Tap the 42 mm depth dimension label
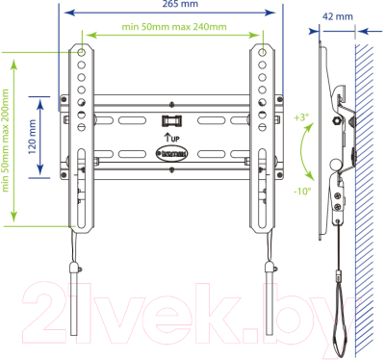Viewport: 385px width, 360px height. tap(337, 15)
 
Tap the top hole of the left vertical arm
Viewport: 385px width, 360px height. tap(83, 48)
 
